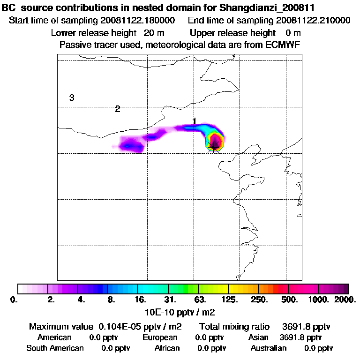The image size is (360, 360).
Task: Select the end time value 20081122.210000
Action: (x=313, y=21)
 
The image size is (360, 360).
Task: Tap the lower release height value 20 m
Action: (x=154, y=33)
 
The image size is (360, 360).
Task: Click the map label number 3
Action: (x=72, y=98)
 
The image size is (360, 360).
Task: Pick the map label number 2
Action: (x=118, y=109)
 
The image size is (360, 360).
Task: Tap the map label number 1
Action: (x=194, y=121)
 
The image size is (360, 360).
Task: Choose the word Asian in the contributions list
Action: (x=258, y=337)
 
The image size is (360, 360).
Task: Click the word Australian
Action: (x=269, y=348)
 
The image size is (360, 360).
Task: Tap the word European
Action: (x=160, y=337)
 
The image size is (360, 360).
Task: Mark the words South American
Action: (x=55, y=348)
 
